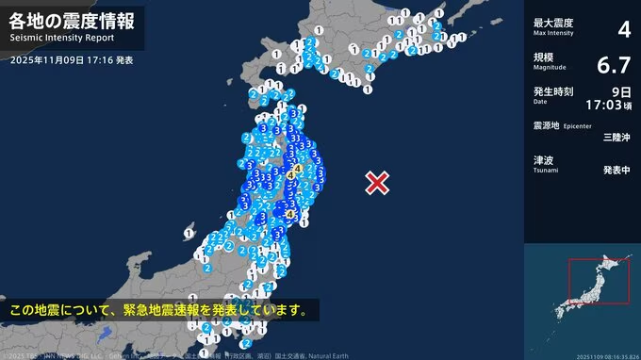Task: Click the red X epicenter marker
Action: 377,182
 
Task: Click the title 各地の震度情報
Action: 71,21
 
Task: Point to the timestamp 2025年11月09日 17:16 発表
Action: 73,59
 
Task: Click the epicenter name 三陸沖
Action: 616,138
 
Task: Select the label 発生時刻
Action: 549,90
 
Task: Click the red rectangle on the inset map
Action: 598,281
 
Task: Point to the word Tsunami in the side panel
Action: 546,172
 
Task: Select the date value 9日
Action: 620,91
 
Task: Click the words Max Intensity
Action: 552,32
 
